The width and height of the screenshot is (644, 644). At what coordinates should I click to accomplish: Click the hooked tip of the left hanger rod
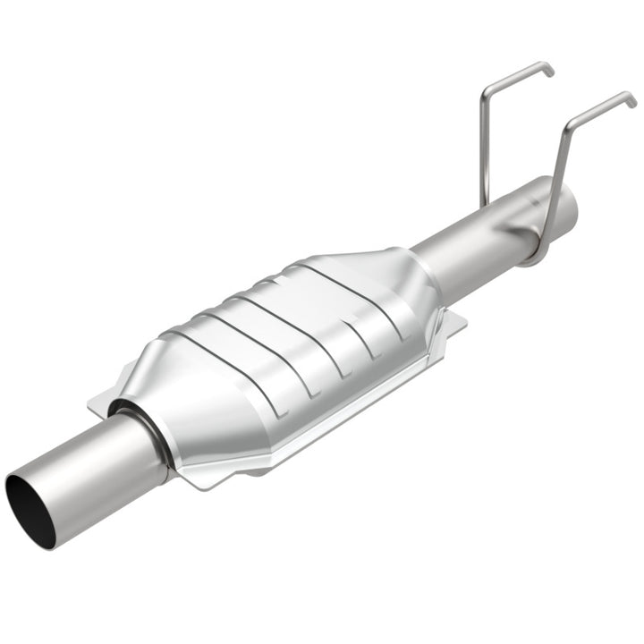click(547, 68)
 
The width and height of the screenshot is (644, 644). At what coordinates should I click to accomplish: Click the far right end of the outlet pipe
click(570, 201)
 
